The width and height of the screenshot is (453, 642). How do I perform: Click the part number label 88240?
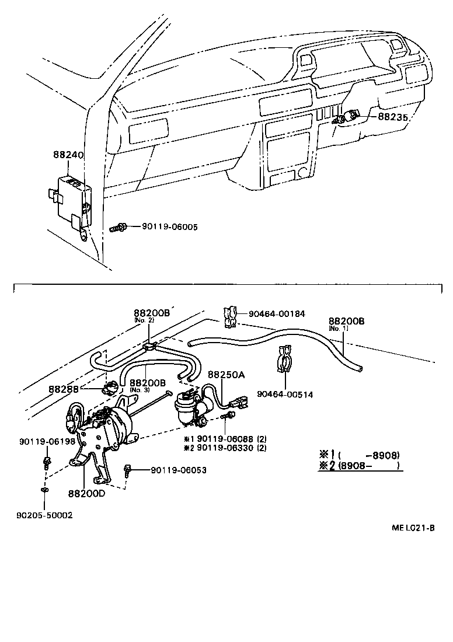click(x=68, y=156)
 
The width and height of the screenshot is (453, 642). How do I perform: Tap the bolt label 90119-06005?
click(x=169, y=226)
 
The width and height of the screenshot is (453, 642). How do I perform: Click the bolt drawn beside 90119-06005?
click(x=118, y=228)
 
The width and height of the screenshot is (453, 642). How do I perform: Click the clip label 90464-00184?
click(x=277, y=314)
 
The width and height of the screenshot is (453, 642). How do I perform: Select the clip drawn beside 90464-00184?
click(x=230, y=315)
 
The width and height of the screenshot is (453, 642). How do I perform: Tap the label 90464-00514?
click(x=284, y=395)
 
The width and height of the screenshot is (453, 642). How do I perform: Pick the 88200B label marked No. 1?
click(x=346, y=321)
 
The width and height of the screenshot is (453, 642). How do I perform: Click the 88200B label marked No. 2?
click(x=151, y=313)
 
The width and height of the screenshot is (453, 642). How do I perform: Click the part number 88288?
click(x=65, y=389)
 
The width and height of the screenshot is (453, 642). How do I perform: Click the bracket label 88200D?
click(x=86, y=493)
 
